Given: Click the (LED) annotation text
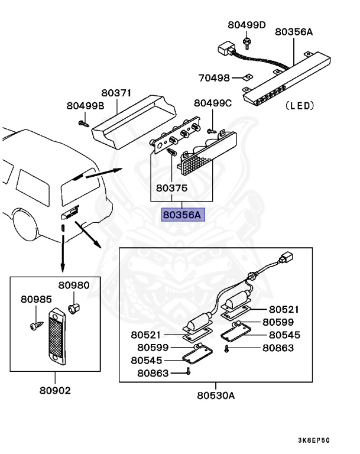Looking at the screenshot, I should click(x=299, y=106).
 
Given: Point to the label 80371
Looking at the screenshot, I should click(x=116, y=93).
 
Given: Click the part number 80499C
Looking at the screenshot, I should click(x=213, y=103).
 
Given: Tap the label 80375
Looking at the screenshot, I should click(x=172, y=189).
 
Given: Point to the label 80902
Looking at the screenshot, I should click(x=56, y=391).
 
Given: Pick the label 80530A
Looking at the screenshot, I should click(x=216, y=395).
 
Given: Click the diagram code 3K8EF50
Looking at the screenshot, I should click(x=313, y=440).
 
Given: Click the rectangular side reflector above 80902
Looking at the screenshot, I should click(x=56, y=338).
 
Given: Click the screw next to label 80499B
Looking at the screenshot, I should click(x=83, y=124).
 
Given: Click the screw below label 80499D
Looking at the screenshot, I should click(x=246, y=42).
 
